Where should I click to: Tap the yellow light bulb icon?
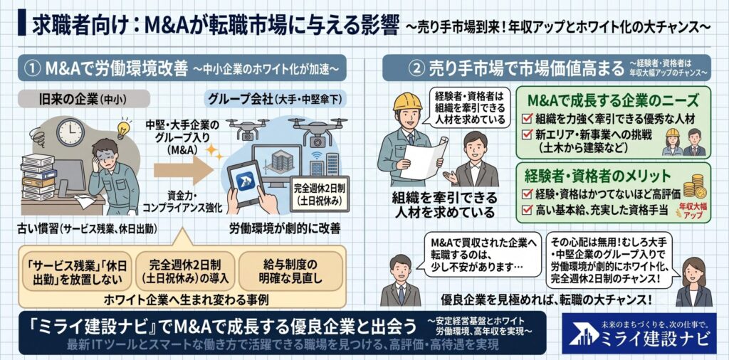(122, 129)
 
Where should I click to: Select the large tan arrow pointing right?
(184, 169)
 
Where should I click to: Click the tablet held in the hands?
(246, 183)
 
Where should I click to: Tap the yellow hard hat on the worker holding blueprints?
(407, 102)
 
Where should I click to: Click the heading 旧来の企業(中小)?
(83, 99)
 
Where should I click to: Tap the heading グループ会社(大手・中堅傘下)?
(277, 99)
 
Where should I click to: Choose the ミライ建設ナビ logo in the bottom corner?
(639, 333)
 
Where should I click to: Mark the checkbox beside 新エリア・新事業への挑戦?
(527, 134)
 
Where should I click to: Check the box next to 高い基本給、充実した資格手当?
(527, 210)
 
